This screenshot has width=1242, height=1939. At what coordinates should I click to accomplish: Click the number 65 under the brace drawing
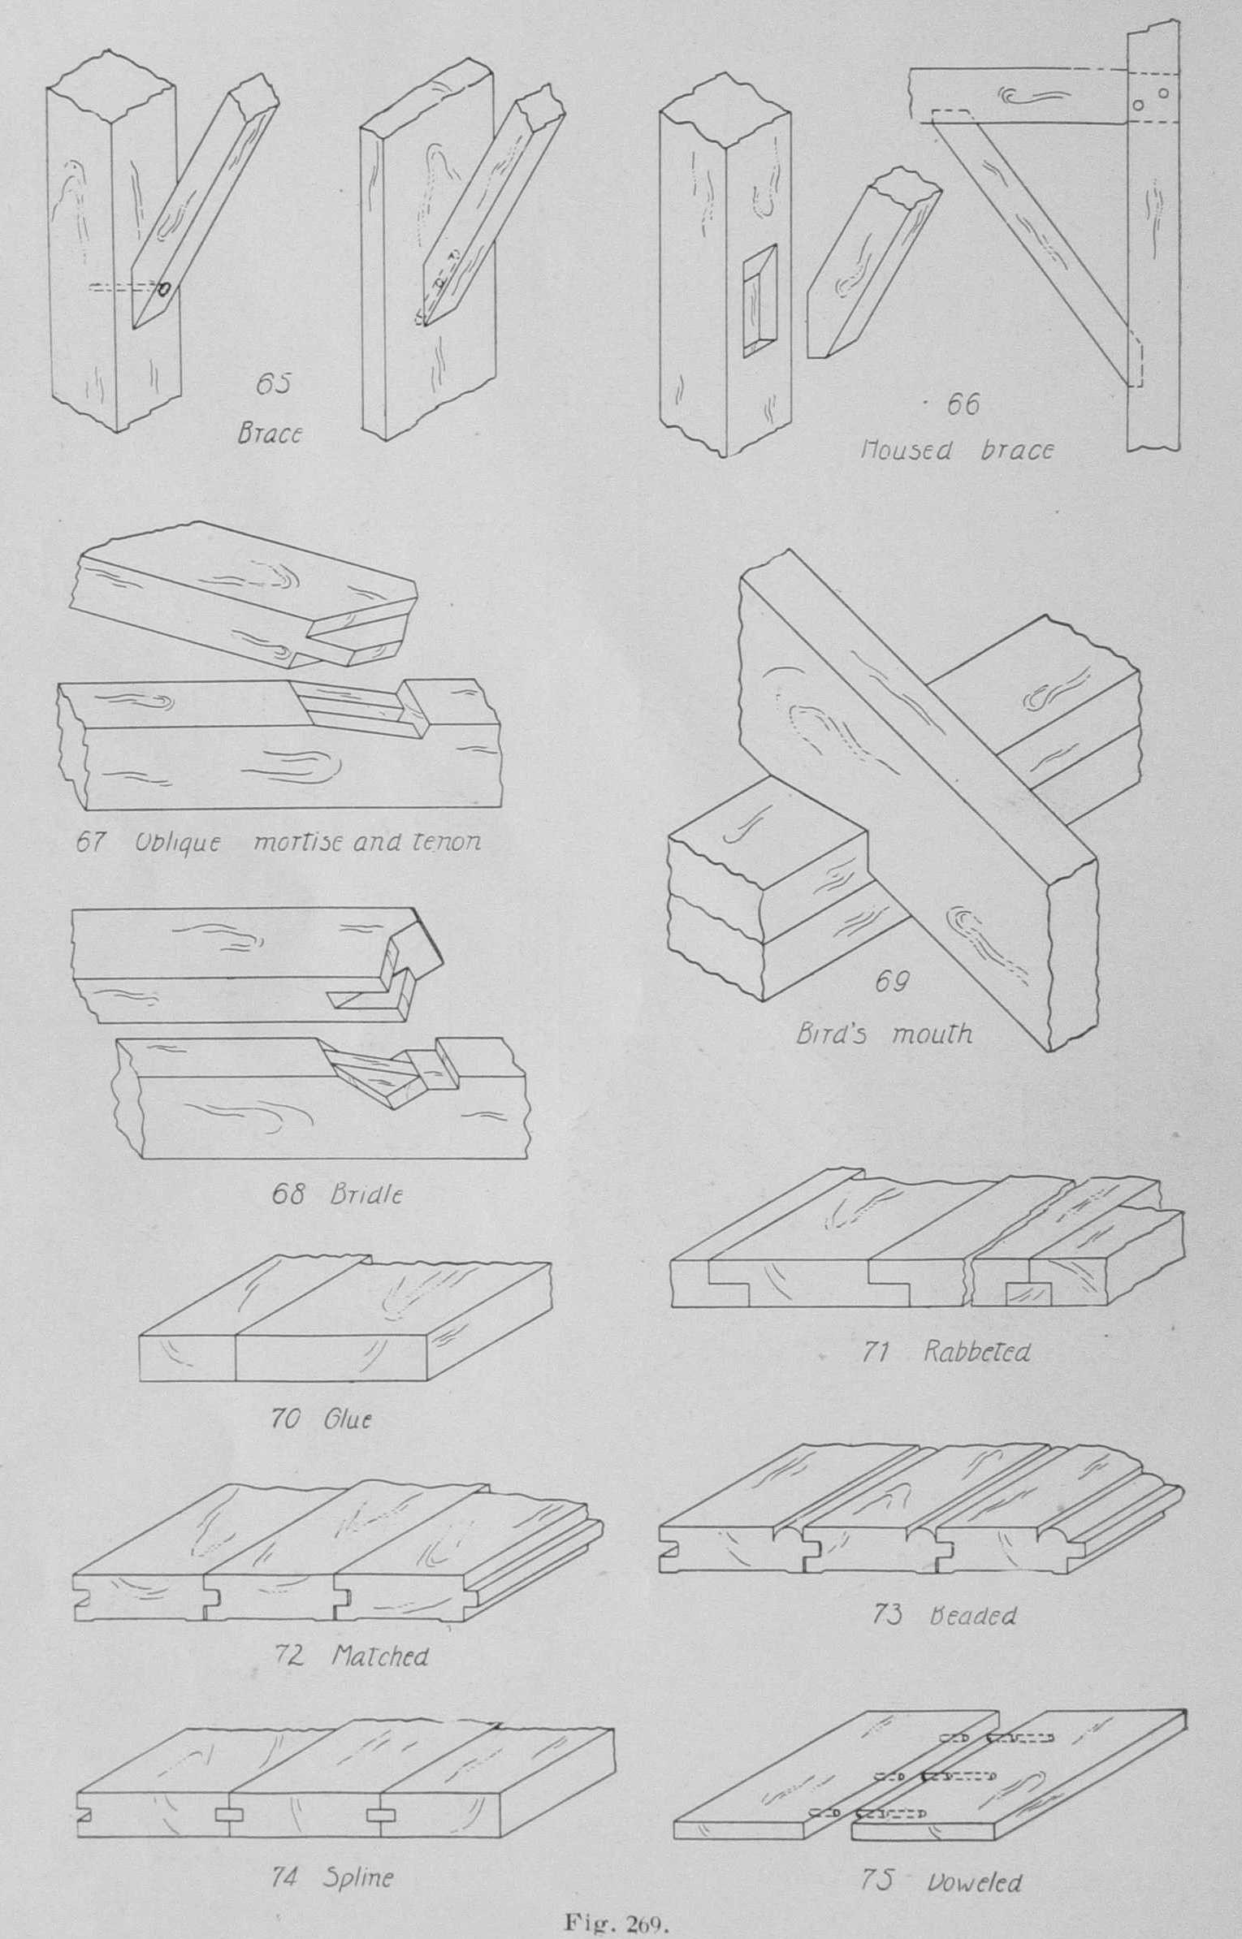273,383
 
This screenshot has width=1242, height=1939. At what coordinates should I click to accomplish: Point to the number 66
963,404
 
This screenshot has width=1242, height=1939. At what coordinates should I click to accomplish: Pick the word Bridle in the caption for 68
366,1195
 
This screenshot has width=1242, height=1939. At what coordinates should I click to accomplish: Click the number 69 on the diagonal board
891,982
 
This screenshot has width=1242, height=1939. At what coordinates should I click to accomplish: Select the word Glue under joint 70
348,1419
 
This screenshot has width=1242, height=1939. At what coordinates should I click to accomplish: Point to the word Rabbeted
977,1352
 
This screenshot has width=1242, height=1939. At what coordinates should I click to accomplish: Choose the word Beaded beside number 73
972,1615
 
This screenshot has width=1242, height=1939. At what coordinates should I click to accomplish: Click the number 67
91,842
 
